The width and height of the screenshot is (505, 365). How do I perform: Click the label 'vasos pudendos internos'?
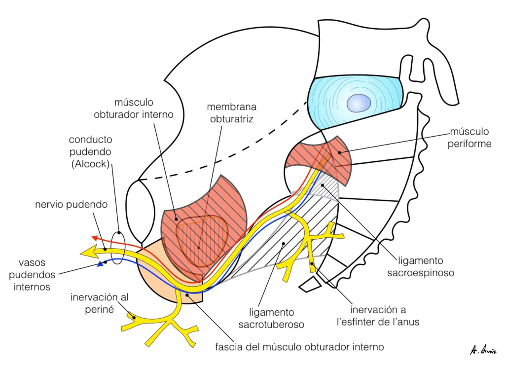point(37,275)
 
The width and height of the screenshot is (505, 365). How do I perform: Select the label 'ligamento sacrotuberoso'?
point(266,318)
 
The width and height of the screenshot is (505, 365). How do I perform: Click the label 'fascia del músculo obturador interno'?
point(299,347)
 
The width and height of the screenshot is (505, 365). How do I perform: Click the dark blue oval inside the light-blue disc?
point(359,104)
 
